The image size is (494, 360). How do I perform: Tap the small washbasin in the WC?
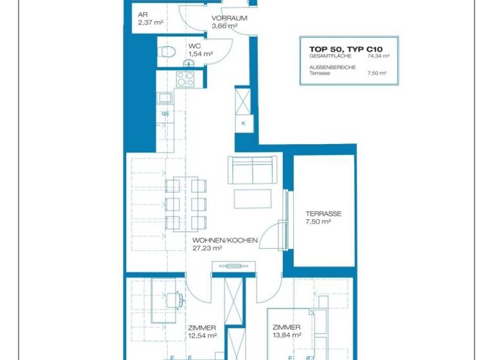191,62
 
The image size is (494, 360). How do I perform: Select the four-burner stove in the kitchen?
186,78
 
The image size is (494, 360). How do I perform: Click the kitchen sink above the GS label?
165,98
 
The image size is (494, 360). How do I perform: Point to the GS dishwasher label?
165,114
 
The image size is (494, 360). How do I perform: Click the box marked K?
244,122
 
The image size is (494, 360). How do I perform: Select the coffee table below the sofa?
248,199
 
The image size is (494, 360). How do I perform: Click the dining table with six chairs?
187,204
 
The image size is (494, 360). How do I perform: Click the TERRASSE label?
324,214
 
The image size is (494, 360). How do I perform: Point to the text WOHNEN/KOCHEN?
224,240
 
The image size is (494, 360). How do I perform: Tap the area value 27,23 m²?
207,248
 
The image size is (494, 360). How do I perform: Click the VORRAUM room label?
228,19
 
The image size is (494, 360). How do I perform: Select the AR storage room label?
143,14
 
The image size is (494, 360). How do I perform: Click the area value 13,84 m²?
287,335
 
